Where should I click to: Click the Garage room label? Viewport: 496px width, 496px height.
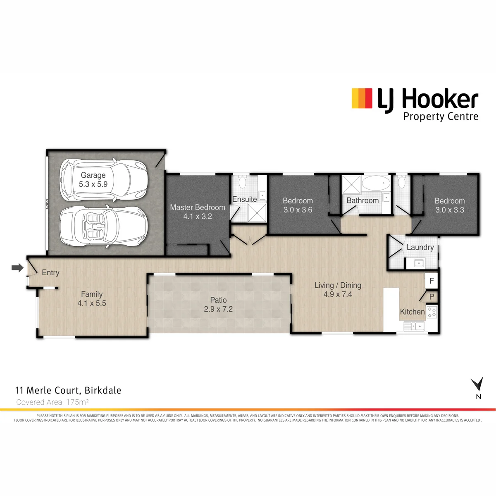point(93,175)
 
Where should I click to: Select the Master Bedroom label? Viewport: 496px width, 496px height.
point(198,207)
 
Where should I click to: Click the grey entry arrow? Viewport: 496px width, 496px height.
point(17,268)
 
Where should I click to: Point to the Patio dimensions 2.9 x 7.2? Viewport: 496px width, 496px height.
point(218,309)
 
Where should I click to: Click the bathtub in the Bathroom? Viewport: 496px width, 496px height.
point(376,183)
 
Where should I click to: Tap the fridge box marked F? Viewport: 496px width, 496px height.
point(432,280)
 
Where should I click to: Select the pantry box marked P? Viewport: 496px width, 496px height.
point(432,296)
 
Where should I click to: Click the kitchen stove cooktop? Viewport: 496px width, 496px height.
point(432,312)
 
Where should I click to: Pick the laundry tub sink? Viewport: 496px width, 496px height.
point(419,263)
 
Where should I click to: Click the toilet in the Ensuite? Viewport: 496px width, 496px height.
point(243,181)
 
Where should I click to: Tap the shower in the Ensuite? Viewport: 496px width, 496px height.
point(257,212)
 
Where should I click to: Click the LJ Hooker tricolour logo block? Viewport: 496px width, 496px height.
point(362,98)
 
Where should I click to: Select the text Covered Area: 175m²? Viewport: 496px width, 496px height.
point(52,402)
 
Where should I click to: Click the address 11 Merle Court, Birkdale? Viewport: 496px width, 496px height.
point(68,391)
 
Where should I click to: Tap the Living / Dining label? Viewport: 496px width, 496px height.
point(338,285)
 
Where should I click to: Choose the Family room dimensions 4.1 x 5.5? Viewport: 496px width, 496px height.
point(92,303)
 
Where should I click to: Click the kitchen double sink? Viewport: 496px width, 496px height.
point(415,327)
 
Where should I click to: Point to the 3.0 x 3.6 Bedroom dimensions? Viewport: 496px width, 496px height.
point(298,210)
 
